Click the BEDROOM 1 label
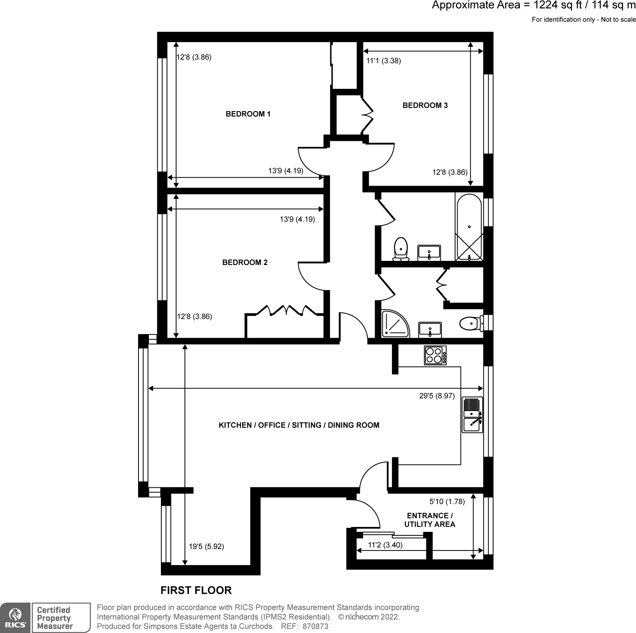[248, 114]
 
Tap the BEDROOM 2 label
[245, 262]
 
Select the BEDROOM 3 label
[425, 106]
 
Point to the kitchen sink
[473, 415]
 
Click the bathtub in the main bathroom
[469, 227]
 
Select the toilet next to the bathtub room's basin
[401, 249]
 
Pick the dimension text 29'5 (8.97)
[437, 396]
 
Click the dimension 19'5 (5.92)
[206, 547]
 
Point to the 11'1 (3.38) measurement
[383, 61]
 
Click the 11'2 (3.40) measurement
[385, 545]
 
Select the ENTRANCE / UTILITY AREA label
[429, 520]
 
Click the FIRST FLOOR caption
[196, 590]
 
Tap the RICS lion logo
[15, 618]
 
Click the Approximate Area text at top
[533, 6]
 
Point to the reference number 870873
[315, 627]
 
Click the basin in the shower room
[430, 330]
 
